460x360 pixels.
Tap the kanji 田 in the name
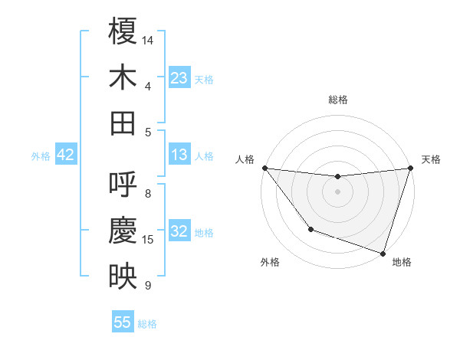coord(123,123)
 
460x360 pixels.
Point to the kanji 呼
coord(123,184)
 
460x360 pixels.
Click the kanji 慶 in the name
coord(123,229)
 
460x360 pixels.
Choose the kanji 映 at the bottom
coord(123,276)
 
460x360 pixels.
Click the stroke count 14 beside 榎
coord(148,40)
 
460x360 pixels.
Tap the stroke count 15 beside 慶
coord(148,240)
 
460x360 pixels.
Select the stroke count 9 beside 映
coord(147,286)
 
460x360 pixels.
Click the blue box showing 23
coord(179,78)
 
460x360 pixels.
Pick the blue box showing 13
coord(179,155)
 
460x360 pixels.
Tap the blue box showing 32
coord(179,231)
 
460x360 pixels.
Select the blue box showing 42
coord(66,155)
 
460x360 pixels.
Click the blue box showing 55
coord(123,322)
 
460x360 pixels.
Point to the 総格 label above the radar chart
coord(337,100)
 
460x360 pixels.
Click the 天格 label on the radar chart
coord(431,159)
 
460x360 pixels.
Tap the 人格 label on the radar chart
coord(245,159)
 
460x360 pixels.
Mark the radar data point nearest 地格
coord(383,253)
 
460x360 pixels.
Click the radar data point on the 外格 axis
coord(310,229)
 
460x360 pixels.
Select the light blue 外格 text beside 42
coord(41,155)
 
